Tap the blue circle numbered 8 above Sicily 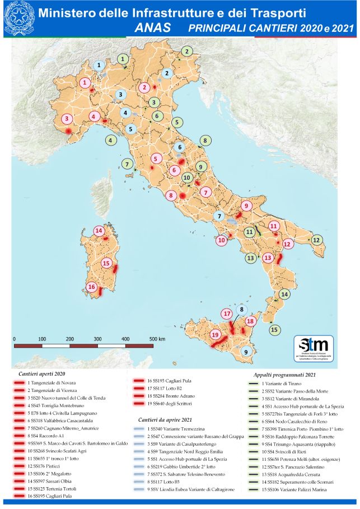pyautogui.click(x=242, y=310)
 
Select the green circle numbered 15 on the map pyautogui.click(x=274, y=330)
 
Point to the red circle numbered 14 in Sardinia pyautogui.click(x=99, y=230)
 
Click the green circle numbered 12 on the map pyautogui.click(x=316, y=240)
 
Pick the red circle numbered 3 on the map pyautogui.click(x=67, y=119)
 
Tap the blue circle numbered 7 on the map pyautogui.click(x=220, y=216)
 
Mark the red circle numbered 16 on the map pyautogui.click(x=92, y=286)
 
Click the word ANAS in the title pyautogui.click(x=153, y=26)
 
